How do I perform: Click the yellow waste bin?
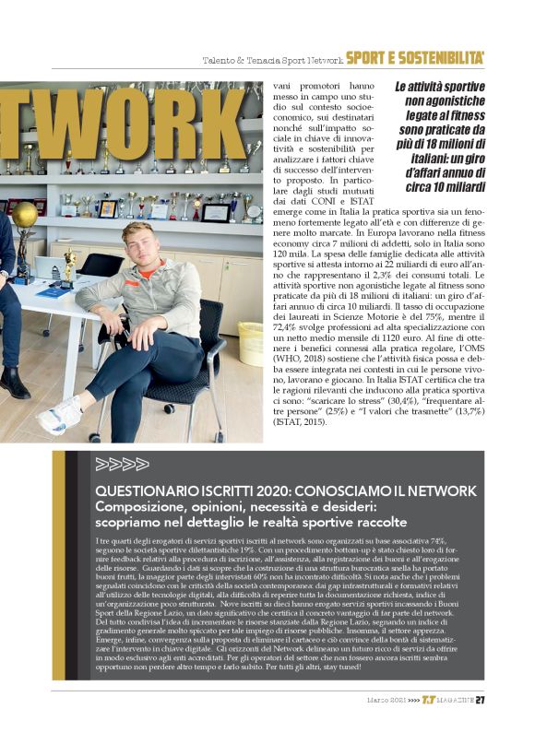pyautogui.click(x=249, y=343)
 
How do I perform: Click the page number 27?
pyautogui.click(x=481, y=724)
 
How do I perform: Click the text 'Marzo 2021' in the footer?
pyautogui.click(x=386, y=725)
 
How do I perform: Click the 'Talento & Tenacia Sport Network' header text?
pyautogui.click(x=272, y=60)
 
